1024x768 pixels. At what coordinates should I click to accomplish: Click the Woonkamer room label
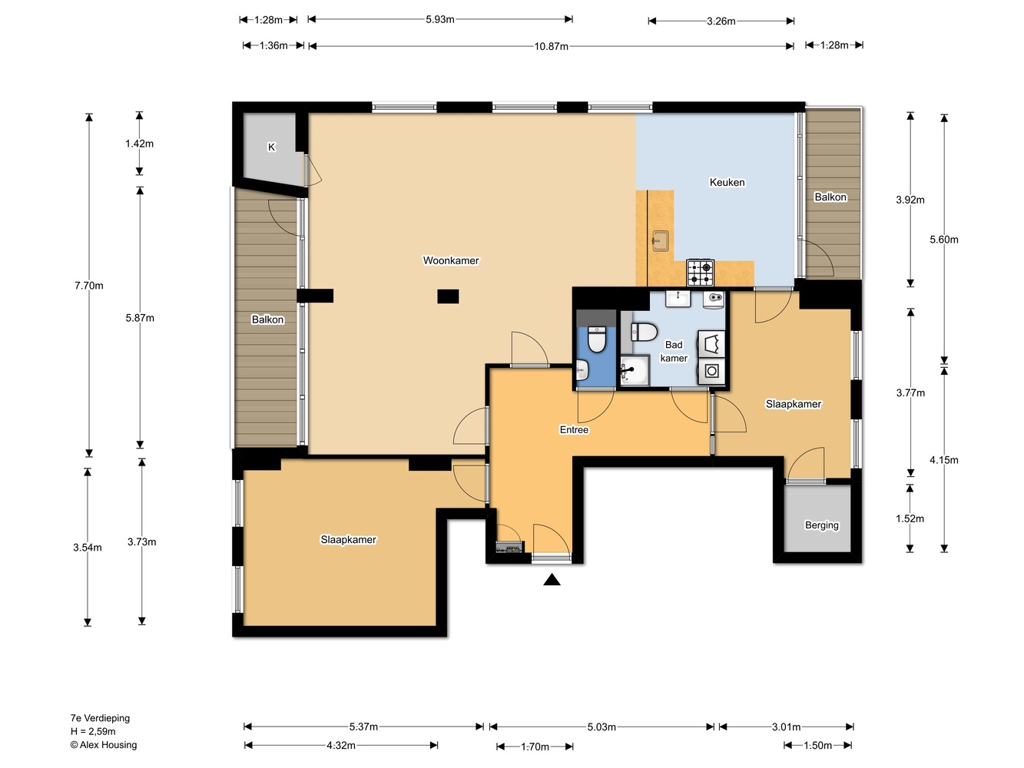pyautogui.click(x=451, y=260)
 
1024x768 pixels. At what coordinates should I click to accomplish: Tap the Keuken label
pyautogui.click(x=727, y=182)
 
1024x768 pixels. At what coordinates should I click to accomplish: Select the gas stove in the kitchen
pyautogui.click(x=701, y=273)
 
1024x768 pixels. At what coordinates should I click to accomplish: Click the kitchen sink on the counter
pyautogui.click(x=660, y=241)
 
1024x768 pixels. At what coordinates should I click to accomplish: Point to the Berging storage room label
pyautogui.click(x=821, y=525)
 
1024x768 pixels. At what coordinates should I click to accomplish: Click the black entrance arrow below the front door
pyautogui.click(x=552, y=579)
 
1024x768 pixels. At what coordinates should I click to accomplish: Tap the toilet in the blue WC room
pyautogui.click(x=597, y=339)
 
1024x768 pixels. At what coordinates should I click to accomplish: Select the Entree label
pyautogui.click(x=574, y=429)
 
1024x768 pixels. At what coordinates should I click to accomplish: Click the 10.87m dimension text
pyautogui.click(x=551, y=46)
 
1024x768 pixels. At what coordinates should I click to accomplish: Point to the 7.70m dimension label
pyautogui.click(x=88, y=286)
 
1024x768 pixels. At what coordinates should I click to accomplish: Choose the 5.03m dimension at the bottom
pyautogui.click(x=601, y=727)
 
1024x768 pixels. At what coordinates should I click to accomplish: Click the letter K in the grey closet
pyautogui.click(x=271, y=147)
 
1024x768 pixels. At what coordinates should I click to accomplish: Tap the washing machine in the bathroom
pyautogui.click(x=711, y=371)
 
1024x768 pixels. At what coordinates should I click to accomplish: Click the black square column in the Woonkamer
pyautogui.click(x=448, y=296)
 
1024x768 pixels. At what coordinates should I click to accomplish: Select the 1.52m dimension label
pyautogui.click(x=910, y=518)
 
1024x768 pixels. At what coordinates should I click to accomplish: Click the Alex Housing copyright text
pyautogui.click(x=104, y=745)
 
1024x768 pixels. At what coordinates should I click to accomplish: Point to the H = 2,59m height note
pyautogui.click(x=93, y=731)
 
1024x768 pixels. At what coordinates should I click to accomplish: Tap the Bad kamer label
pyautogui.click(x=674, y=351)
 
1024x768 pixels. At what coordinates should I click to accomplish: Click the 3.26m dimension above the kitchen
pyautogui.click(x=721, y=21)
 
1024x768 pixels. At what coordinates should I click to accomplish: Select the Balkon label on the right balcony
pyautogui.click(x=830, y=197)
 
